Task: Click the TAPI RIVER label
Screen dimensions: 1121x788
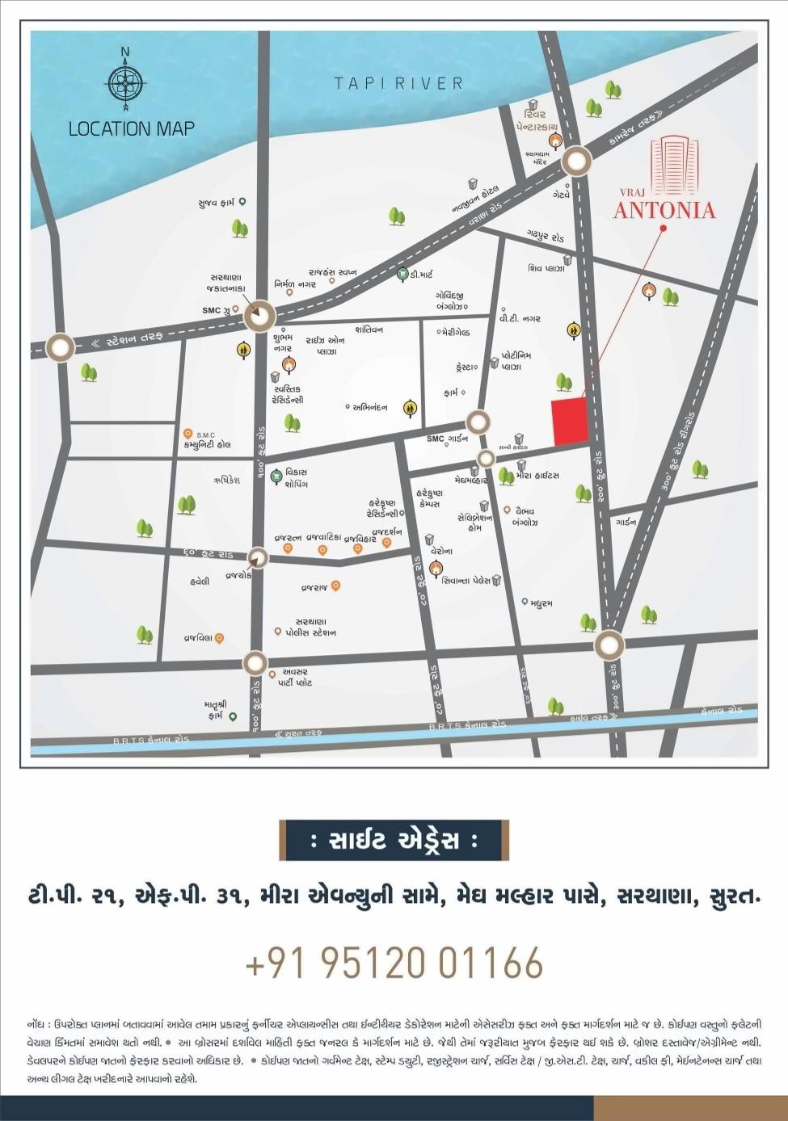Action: tap(399, 82)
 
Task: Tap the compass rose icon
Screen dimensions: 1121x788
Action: tap(124, 81)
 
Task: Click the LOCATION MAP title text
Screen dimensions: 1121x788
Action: tap(132, 128)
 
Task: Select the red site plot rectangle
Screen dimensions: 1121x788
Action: tap(569, 421)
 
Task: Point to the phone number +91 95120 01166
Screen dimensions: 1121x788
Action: tap(394, 962)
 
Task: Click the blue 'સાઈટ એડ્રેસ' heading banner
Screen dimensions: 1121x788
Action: tap(394, 841)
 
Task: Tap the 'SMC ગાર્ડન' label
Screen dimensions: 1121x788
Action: tap(447, 439)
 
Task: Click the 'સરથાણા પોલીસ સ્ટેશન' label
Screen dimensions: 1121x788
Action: tap(310, 627)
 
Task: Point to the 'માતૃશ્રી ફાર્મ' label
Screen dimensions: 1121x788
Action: tap(213, 710)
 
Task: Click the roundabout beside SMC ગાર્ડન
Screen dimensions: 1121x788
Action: tap(478, 422)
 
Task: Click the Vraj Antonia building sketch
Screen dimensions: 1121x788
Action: tap(674, 166)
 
